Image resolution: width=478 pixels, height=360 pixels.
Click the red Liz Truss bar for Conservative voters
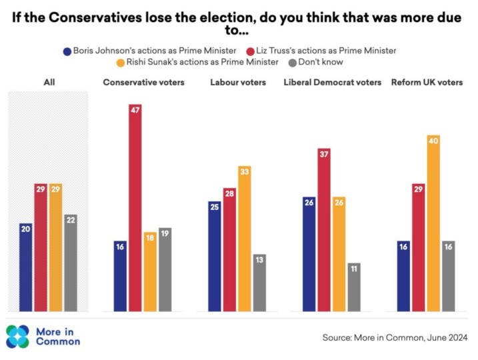(x=135, y=207)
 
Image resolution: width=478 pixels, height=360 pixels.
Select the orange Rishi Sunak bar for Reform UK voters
(x=433, y=223)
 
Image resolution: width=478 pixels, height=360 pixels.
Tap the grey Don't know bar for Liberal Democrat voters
(x=353, y=287)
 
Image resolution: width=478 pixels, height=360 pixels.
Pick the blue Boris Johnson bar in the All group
(x=26, y=267)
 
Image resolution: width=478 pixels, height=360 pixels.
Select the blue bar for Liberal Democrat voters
(x=309, y=254)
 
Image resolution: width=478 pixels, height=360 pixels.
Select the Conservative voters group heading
(x=143, y=82)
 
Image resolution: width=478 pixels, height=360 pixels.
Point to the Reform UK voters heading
(x=426, y=82)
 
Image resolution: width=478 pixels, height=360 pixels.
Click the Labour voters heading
(x=238, y=82)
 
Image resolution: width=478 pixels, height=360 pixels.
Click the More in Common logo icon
(x=17, y=337)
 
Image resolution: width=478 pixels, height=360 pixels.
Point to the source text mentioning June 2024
(x=395, y=338)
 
